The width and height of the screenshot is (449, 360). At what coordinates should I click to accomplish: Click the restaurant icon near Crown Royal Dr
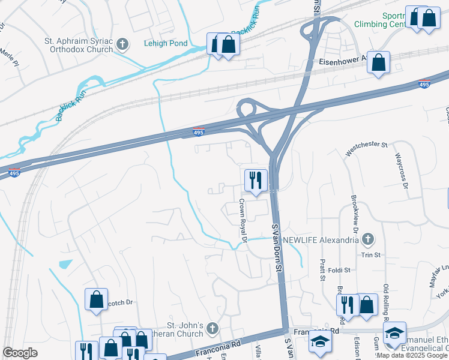click(256, 180)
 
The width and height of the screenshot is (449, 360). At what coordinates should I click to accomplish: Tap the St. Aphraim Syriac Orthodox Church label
click(78, 46)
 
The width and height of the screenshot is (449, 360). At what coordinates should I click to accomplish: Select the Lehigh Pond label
click(166, 43)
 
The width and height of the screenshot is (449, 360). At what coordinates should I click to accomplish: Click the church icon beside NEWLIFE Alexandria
click(369, 239)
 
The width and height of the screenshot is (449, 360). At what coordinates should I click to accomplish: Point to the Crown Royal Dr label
click(243, 220)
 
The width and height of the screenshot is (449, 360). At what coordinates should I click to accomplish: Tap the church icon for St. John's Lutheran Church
click(211, 328)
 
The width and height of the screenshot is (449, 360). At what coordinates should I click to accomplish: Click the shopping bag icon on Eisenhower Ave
click(379, 62)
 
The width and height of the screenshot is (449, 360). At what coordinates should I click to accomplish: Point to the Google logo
click(20, 353)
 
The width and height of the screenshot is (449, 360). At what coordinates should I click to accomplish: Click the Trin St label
click(370, 255)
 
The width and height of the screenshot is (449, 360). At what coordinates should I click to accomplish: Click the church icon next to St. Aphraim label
click(122, 44)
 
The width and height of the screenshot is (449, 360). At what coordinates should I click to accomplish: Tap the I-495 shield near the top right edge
click(424, 85)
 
